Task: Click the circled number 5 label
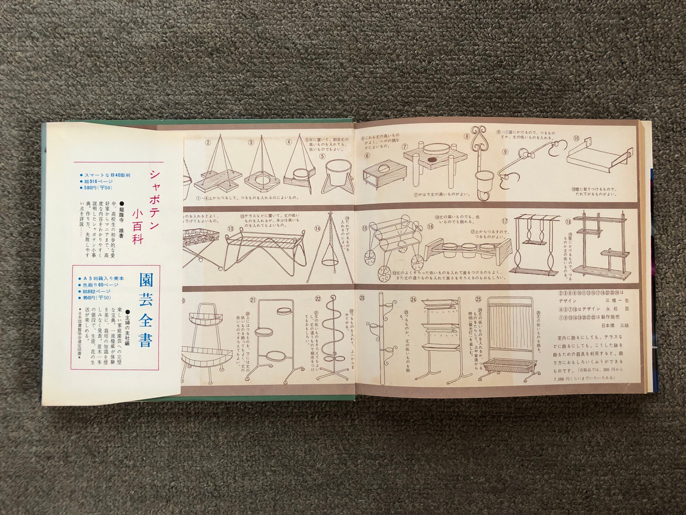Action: click(x=323, y=156)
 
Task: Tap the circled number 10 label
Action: click(x=576, y=138)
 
